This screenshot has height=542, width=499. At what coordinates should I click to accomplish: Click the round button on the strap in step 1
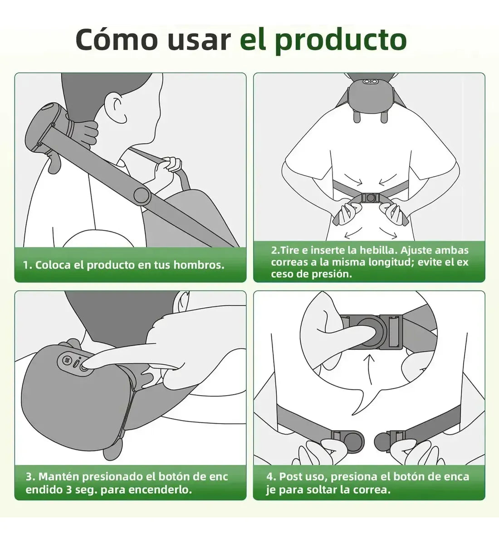pyautogui.click(x=142, y=195)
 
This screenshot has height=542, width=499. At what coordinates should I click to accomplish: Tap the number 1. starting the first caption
pyautogui.click(x=27, y=265)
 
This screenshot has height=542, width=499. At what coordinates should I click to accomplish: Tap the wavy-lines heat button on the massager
pyautogui.click(x=67, y=361)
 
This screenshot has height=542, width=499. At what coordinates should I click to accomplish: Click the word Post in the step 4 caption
pyautogui.click(x=291, y=477)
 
